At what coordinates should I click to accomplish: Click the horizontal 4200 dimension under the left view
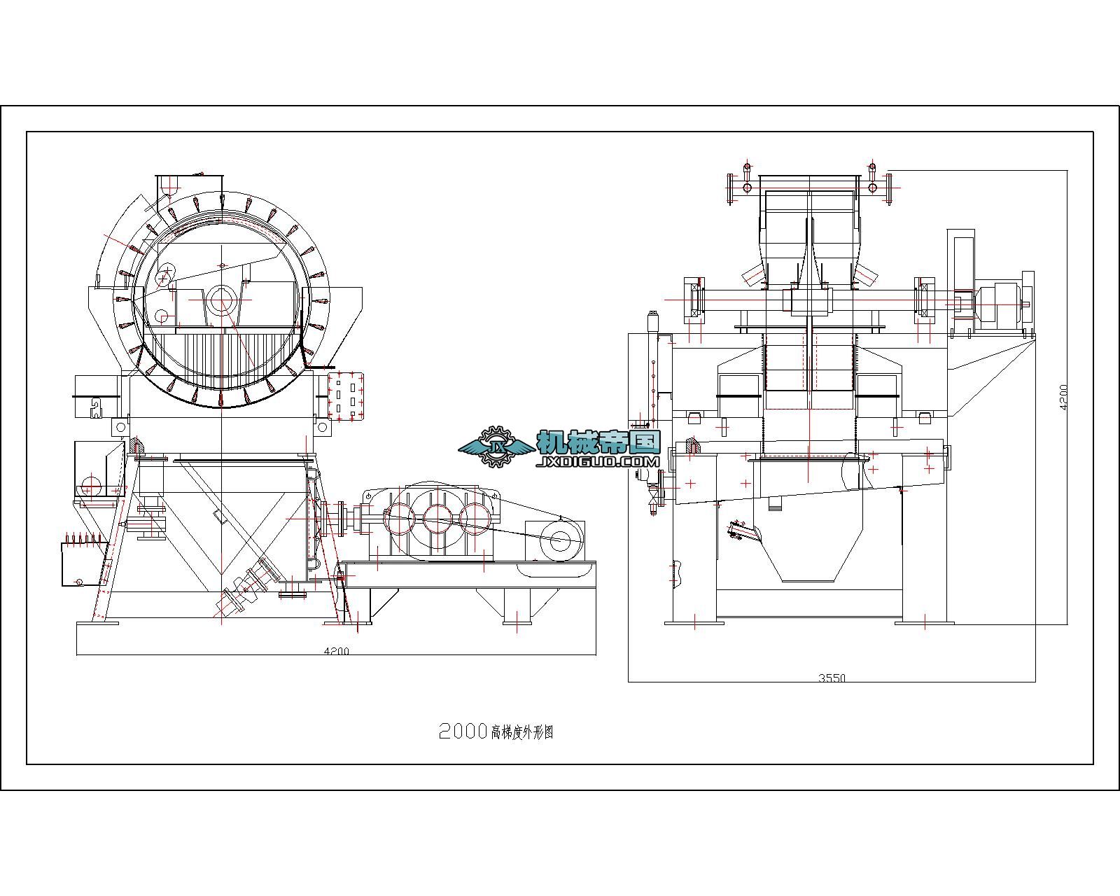[x=337, y=651]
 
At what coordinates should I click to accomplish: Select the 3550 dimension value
[x=832, y=678]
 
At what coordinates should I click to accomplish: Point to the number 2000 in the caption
[x=463, y=731]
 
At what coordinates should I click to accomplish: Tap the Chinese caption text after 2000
[x=522, y=732]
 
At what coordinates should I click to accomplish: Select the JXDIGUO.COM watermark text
[x=598, y=461]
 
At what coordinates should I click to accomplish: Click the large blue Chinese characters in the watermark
[x=598, y=442]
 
